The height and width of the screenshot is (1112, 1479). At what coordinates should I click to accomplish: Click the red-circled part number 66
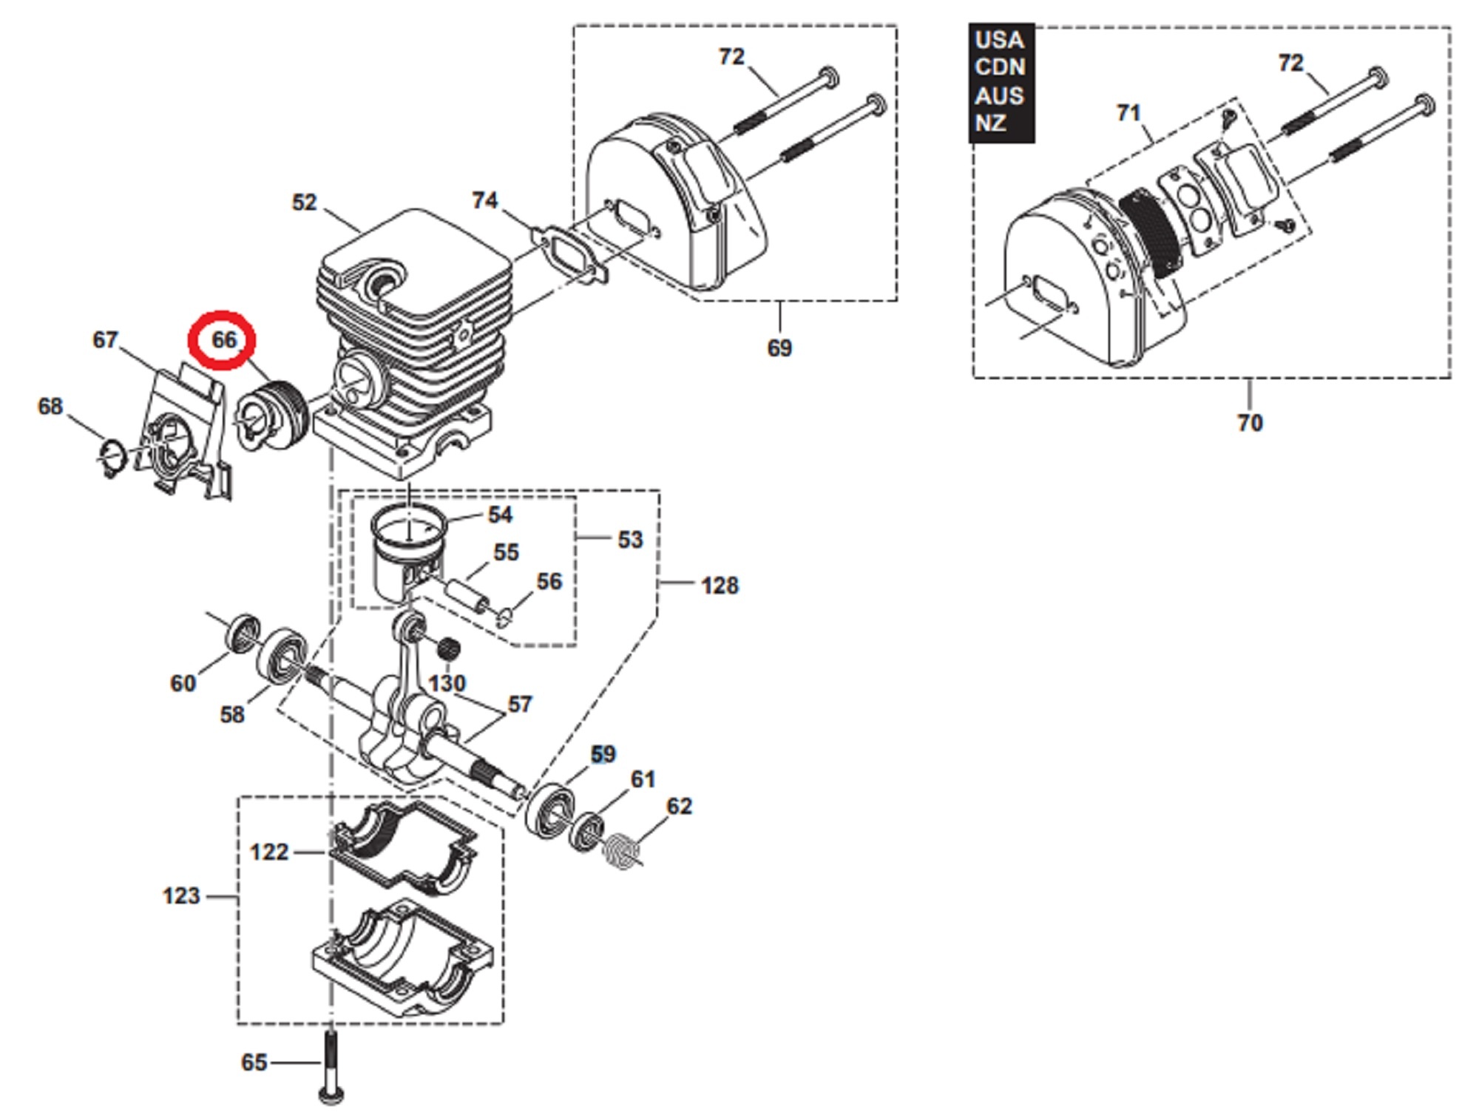tap(224, 340)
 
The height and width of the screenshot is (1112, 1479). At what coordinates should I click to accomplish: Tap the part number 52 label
tap(304, 203)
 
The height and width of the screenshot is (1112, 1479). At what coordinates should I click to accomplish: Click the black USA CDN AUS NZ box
tap(1001, 82)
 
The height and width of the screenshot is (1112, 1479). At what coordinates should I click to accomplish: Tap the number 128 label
tap(720, 586)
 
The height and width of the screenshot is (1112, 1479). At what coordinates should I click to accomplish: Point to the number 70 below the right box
tap(1250, 423)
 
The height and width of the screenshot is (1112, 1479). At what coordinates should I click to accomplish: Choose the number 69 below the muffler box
tap(779, 348)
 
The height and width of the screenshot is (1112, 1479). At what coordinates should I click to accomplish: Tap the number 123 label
tap(181, 896)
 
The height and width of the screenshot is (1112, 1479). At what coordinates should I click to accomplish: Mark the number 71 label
tap(1128, 113)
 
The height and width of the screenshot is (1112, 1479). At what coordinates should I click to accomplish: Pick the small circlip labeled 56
tap(504, 617)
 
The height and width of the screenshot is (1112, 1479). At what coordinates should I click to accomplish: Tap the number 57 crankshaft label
tap(519, 705)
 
